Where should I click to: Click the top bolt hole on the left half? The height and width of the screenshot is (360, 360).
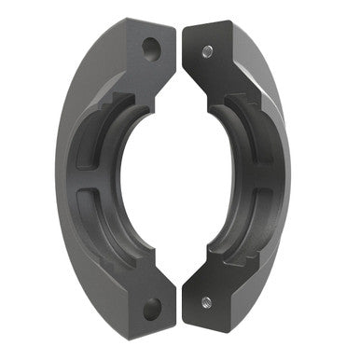(x=149, y=45)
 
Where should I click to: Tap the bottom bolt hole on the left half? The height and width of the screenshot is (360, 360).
(x=150, y=307)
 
